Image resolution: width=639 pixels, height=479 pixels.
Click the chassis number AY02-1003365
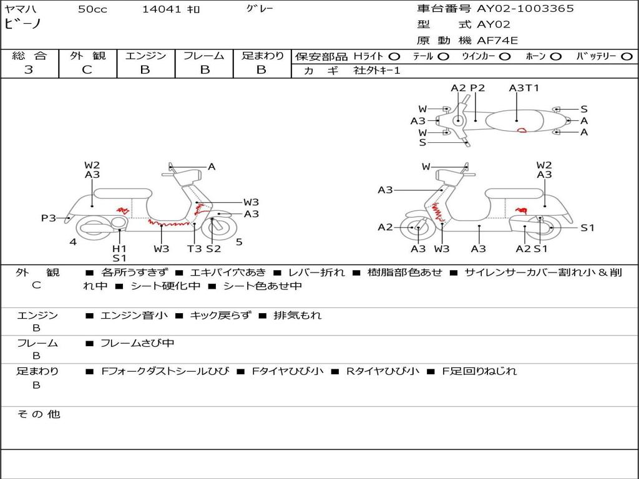click(x=525, y=9)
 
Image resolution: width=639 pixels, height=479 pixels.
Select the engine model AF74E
click(x=497, y=41)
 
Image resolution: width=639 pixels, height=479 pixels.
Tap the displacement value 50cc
click(x=92, y=9)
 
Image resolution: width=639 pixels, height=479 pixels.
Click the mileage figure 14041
click(x=162, y=9)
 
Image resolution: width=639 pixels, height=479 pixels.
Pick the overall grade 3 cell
click(x=29, y=70)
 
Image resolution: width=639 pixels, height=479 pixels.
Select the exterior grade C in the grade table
click(x=87, y=70)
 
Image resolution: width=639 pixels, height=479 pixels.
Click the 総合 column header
click(x=29, y=56)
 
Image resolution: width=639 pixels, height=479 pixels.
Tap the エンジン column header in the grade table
click(x=145, y=56)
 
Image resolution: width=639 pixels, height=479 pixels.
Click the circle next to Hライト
click(x=394, y=57)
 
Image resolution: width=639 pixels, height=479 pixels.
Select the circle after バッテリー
click(x=627, y=57)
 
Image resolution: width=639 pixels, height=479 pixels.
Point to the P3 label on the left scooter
click(x=49, y=218)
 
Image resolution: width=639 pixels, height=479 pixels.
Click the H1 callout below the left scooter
click(x=119, y=248)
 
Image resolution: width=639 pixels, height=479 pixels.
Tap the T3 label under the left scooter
click(x=195, y=249)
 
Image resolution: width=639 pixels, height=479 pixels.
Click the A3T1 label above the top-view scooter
click(x=524, y=88)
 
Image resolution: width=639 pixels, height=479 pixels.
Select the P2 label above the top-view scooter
click(x=477, y=88)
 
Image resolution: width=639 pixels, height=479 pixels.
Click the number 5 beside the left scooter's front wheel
click(x=239, y=242)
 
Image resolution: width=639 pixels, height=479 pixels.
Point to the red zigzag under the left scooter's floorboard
click(x=165, y=223)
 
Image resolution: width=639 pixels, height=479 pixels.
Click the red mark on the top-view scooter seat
click(x=522, y=130)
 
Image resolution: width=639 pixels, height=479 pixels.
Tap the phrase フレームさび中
click(x=137, y=343)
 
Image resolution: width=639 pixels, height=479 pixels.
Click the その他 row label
click(x=38, y=414)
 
